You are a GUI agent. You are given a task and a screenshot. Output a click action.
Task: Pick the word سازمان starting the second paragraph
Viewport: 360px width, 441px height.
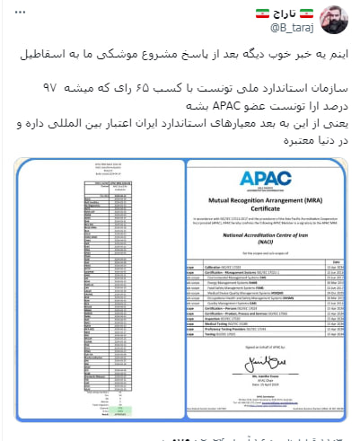pyautogui.click(x=299, y=91)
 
